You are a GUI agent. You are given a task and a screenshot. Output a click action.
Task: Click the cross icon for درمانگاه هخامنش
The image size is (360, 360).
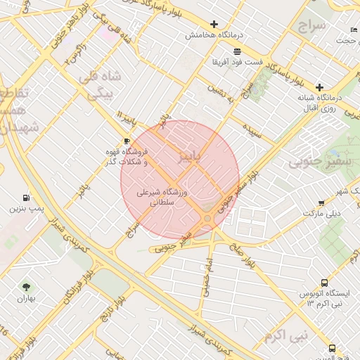tap(214, 24)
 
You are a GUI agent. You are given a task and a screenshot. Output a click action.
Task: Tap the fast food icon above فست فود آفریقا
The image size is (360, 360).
tap(237, 51)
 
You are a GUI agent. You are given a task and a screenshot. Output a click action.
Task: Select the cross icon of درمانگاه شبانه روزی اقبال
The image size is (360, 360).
tap(320, 86)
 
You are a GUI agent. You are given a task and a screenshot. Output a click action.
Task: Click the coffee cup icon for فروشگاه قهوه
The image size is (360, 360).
tap(127, 141)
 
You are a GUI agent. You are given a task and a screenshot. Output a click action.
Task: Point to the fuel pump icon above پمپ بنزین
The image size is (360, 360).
tap(27, 198)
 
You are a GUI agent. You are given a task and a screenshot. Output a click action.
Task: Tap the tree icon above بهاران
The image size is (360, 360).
tap(27, 287)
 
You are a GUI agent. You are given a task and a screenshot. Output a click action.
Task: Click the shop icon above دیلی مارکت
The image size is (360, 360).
tap(321, 202)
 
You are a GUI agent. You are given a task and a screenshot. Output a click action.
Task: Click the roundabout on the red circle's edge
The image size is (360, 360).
tap(208, 219)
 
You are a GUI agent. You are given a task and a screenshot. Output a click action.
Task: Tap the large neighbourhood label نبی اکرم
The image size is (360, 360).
tap(286, 336)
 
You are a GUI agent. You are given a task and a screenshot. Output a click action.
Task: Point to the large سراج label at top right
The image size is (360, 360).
tap(312, 28)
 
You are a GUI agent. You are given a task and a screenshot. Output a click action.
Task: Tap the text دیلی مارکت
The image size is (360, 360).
tap(321, 212)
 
